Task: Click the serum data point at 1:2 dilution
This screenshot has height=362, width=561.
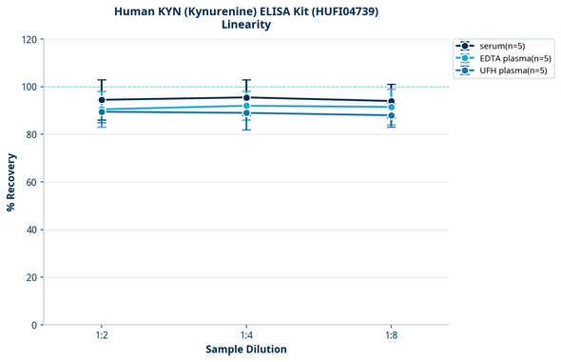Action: [x=102, y=100]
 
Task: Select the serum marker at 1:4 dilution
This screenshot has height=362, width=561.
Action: [x=246, y=97]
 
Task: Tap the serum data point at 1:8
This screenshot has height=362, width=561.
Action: [x=391, y=102]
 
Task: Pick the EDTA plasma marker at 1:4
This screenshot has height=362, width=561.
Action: [x=246, y=106]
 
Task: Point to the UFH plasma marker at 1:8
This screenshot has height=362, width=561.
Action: [x=391, y=115]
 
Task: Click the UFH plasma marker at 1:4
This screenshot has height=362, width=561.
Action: [x=246, y=113]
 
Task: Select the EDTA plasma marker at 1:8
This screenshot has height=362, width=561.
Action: [x=391, y=107]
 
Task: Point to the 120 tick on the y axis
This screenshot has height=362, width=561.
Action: [x=29, y=39]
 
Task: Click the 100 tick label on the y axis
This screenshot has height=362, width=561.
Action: [x=29, y=87]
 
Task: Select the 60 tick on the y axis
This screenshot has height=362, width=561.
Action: [x=31, y=182]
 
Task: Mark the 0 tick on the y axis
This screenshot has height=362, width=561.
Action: [x=34, y=325]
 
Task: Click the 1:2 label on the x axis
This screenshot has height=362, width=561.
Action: [x=102, y=335]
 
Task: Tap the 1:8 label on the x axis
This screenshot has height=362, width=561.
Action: [x=391, y=335]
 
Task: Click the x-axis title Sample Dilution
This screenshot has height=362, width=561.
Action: [x=246, y=350]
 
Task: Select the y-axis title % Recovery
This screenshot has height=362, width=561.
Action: [x=11, y=181]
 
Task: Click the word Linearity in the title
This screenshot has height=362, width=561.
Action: [x=246, y=25]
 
